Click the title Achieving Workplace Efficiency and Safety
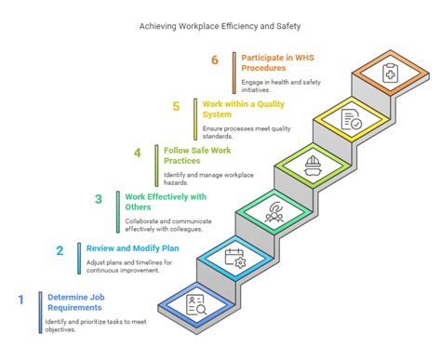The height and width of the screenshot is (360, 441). click(x=220, y=28)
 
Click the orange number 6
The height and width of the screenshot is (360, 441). click(x=214, y=60)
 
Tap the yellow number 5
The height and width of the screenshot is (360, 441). click(x=176, y=107)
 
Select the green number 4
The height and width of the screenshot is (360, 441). click(x=137, y=153)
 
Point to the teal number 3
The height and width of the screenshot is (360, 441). click(x=98, y=198)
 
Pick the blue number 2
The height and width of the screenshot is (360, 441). click(x=60, y=250)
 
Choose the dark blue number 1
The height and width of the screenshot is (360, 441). click(x=20, y=300)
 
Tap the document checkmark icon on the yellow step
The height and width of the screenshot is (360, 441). click(x=352, y=118)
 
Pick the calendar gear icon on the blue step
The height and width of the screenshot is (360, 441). click(x=234, y=257)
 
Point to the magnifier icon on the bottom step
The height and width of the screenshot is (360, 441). click(x=195, y=303)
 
